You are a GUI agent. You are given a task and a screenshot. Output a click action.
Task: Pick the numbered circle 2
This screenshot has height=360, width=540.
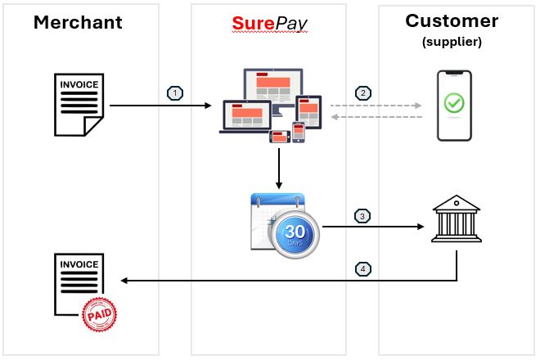pyautogui.click(x=362, y=92)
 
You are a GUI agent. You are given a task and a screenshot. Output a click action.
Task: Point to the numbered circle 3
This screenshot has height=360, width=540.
pyautogui.click(x=362, y=216)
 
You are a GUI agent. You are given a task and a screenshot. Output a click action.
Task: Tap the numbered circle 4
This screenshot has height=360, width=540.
pyautogui.click(x=362, y=268)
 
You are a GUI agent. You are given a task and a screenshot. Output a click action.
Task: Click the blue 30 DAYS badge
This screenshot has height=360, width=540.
pyautogui.click(x=295, y=231)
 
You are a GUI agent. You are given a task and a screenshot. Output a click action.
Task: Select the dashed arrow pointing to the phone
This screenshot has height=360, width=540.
pyautogui.click(x=376, y=106)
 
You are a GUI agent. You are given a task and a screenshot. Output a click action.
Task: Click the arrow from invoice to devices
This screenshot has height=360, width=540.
pyautogui.click(x=160, y=106)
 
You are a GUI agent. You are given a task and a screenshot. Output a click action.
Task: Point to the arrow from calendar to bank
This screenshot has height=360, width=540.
pyautogui.click(x=372, y=227)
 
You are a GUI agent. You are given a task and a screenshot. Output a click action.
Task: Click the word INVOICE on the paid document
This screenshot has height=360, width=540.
pyautogui.click(x=79, y=264)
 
